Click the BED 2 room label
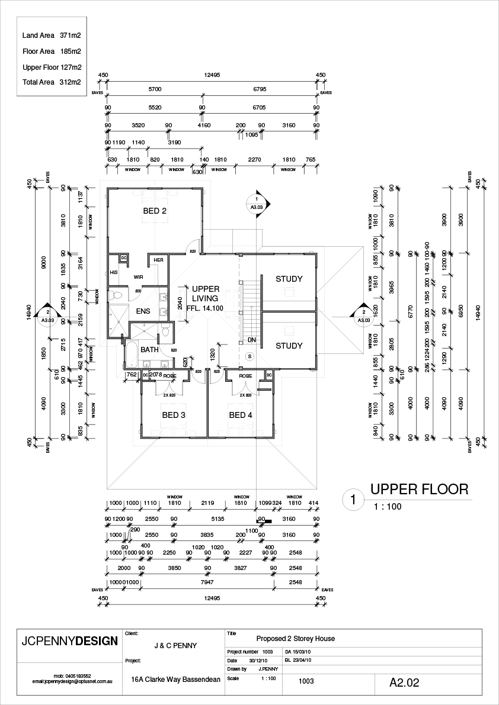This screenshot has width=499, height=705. tap(155, 211)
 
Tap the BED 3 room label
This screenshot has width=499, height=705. tap(174, 415)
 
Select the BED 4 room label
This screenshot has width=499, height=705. tap(241, 415)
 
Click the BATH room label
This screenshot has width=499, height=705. tap(149, 350)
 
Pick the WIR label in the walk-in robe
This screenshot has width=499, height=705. tap(139, 276)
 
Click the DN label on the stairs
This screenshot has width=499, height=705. tap(252, 340)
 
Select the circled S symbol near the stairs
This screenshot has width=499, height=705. tap(249, 356)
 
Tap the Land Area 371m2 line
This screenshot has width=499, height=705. tap(52, 36)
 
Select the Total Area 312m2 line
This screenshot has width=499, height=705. tap(52, 82)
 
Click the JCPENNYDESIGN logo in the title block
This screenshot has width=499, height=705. tap(66, 641)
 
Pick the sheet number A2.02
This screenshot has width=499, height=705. tap(404, 683)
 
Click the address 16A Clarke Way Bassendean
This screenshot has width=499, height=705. tap(175, 680)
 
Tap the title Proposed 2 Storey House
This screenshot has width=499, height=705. tap(295, 639)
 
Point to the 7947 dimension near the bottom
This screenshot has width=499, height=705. tap(207, 582)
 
